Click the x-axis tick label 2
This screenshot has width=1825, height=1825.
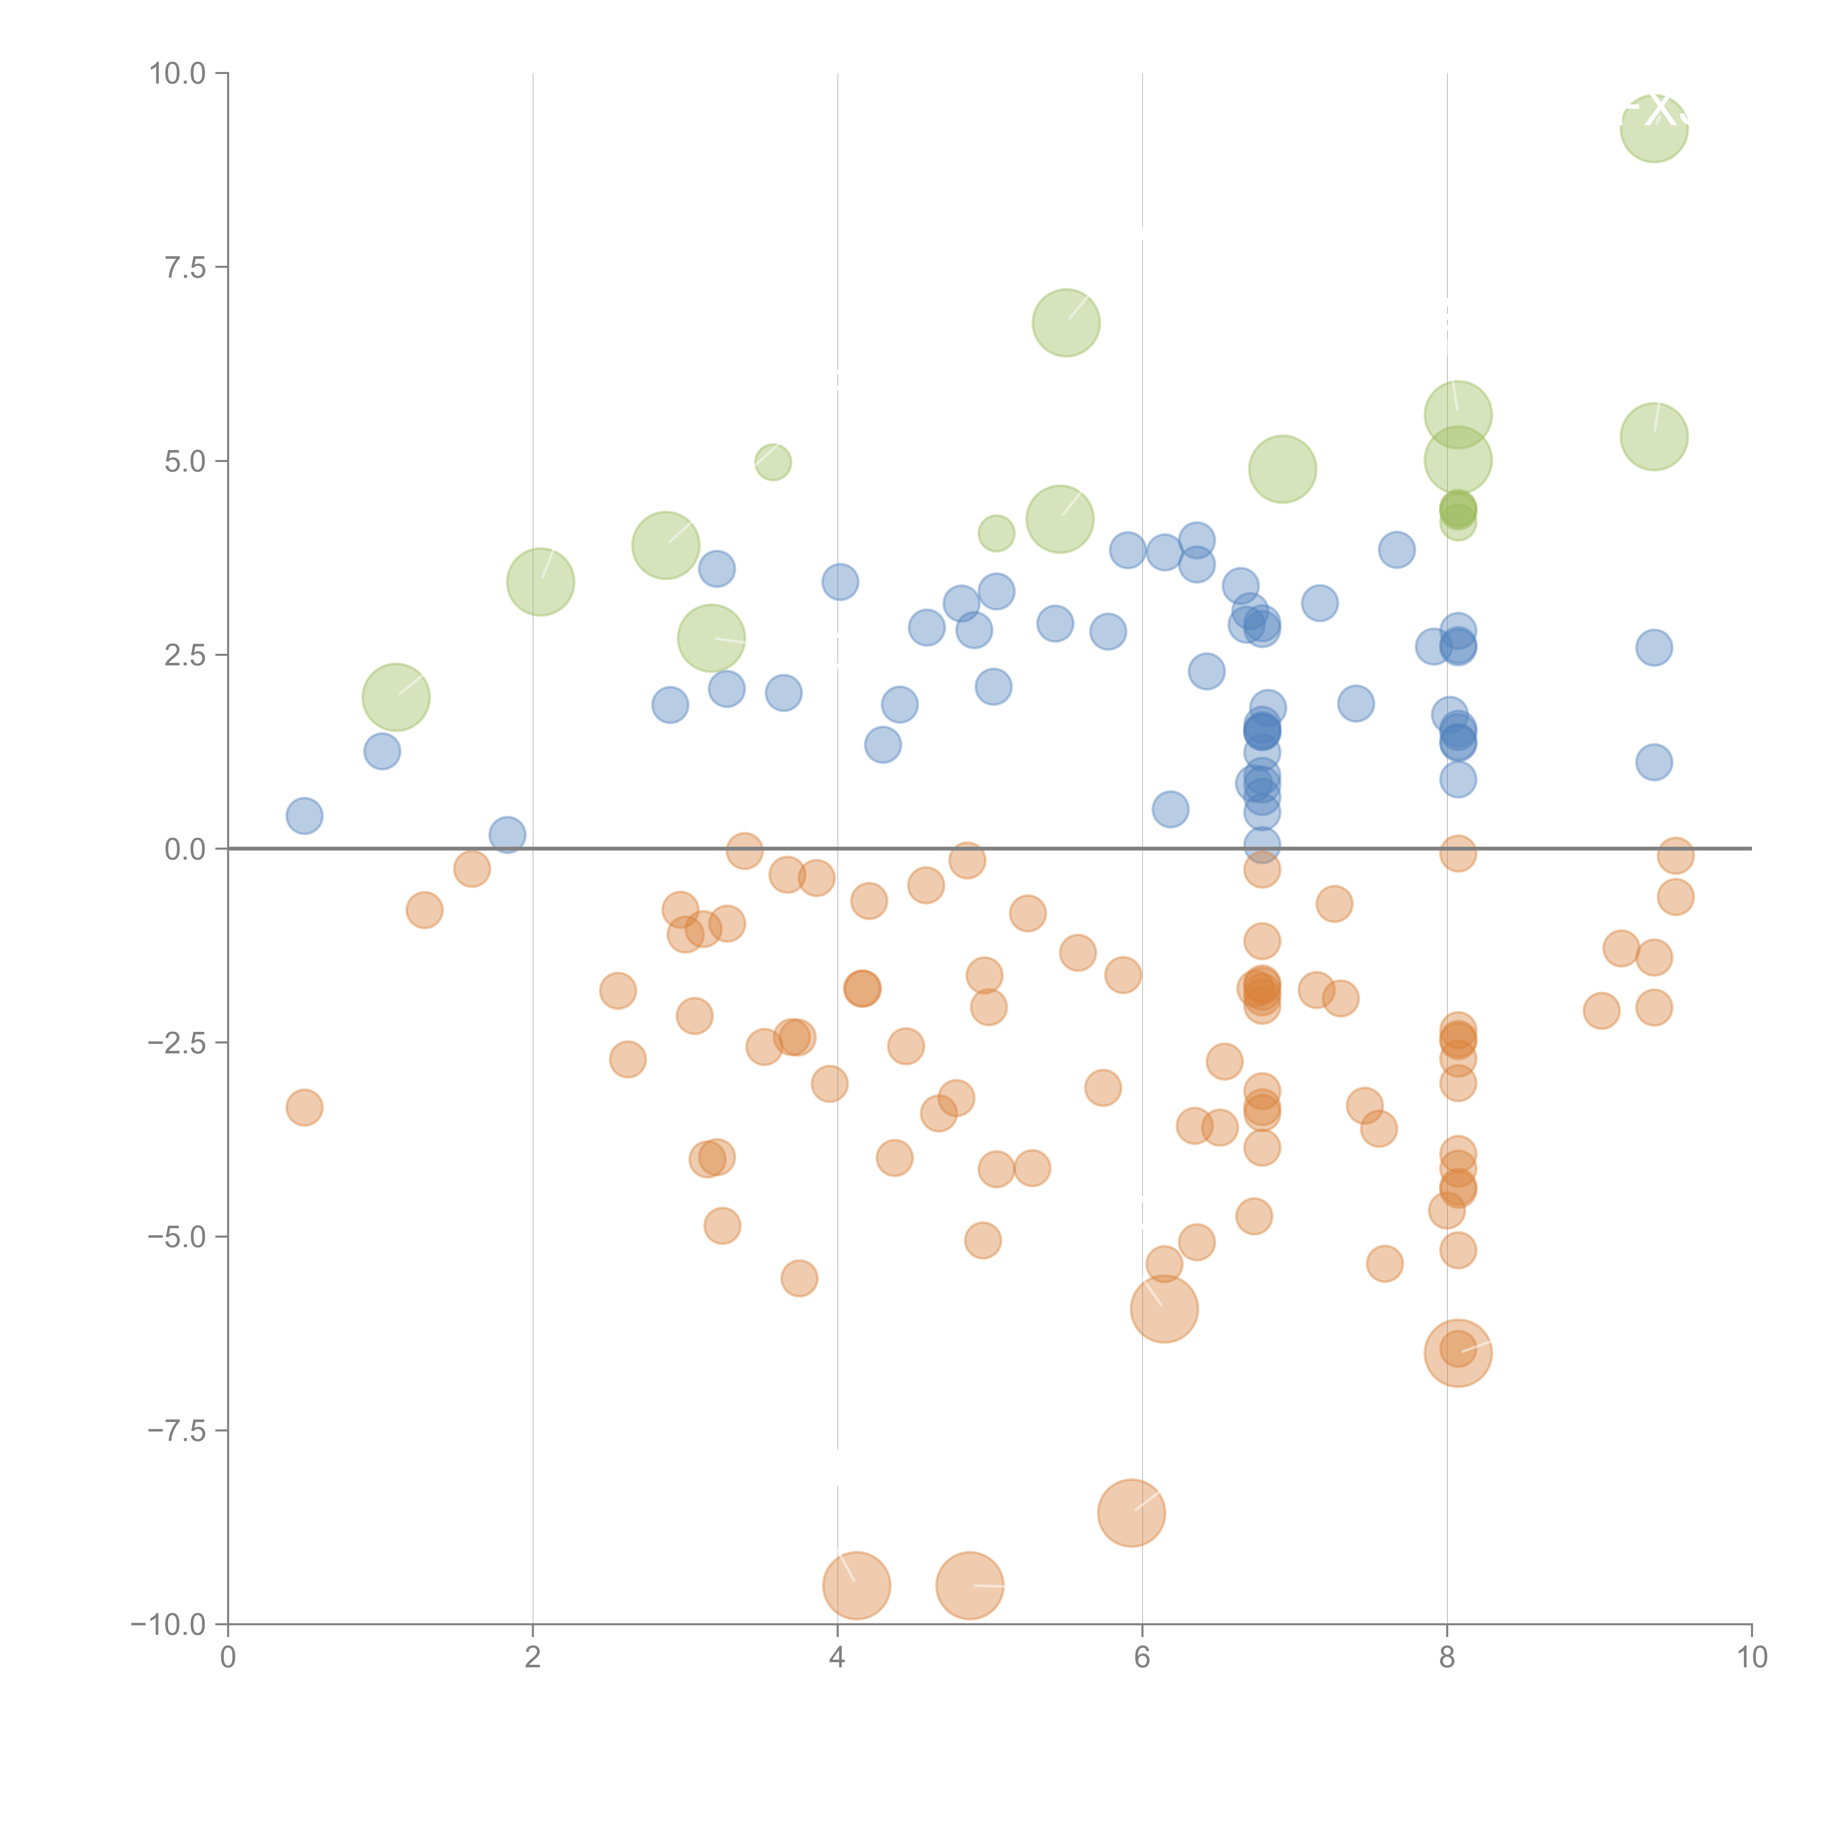pyautogui.click(x=533, y=1658)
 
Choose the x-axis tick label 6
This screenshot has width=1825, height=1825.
pyautogui.click(x=1142, y=1658)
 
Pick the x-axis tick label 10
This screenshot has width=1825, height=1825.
pyautogui.click(x=1751, y=1658)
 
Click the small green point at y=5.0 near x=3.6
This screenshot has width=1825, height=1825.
pyautogui.click(x=773, y=462)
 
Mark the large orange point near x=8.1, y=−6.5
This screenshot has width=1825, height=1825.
pyautogui.click(x=1457, y=1353)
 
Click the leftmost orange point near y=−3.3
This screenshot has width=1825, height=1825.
pyautogui.click(x=304, y=1107)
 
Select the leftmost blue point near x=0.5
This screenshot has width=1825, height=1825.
pyautogui.click(x=304, y=815)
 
